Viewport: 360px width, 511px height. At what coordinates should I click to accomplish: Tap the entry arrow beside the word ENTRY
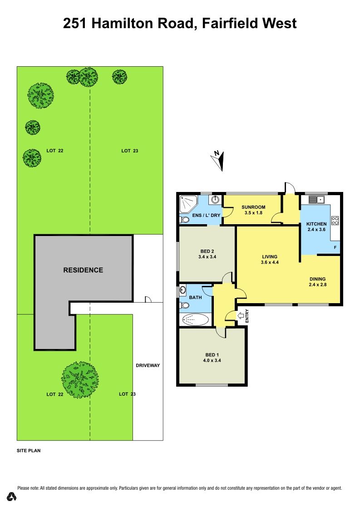click(x=241, y=315)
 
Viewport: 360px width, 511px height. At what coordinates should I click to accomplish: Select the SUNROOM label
click(x=253, y=207)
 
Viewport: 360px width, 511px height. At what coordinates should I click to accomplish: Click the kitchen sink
click(x=316, y=199)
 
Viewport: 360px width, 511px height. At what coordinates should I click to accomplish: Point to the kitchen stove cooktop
click(x=335, y=220)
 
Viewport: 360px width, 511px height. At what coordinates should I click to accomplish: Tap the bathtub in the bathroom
click(x=195, y=319)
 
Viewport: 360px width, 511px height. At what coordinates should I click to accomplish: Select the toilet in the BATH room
click(x=185, y=305)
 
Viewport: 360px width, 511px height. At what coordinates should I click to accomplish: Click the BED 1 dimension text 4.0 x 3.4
click(x=212, y=360)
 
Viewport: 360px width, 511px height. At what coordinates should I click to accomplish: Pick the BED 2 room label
click(x=207, y=251)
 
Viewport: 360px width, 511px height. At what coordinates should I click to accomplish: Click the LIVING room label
click(x=270, y=256)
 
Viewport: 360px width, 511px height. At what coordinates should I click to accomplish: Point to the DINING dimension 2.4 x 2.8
click(x=318, y=285)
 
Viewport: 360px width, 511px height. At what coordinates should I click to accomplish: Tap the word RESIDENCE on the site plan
click(x=83, y=270)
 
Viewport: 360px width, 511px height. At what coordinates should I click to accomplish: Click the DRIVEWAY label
click(x=148, y=365)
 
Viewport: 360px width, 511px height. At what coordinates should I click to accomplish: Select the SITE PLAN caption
click(x=29, y=450)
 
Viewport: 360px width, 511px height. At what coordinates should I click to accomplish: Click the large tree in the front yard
click(x=80, y=380)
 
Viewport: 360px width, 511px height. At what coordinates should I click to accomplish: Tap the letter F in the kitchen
click(x=335, y=247)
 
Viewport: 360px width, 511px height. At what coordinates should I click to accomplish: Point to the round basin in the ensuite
click(x=215, y=199)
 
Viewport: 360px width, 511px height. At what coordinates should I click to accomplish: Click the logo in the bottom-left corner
click(x=12, y=496)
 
